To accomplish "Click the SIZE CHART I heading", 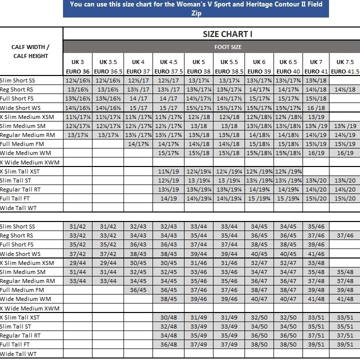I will (227, 34).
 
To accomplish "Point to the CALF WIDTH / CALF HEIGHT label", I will (30, 51).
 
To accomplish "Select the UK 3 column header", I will (77, 62).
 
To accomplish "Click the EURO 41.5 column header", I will (345, 71).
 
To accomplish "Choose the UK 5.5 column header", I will (229, 62).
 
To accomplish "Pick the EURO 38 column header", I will (199, 71).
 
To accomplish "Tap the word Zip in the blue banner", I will (196, 12).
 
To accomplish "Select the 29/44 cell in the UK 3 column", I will (77, 263).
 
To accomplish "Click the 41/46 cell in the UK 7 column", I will (316, 254).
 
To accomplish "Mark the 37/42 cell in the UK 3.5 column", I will (108, 254).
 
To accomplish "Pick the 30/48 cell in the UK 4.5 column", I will (168, 317).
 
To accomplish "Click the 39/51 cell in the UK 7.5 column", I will (345, 344).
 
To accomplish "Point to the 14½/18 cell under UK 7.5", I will (345, 89).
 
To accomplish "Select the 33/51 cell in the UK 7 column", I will (316, 317).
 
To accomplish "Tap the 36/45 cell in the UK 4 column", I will (138, 290).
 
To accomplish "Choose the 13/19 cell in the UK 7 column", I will (316, 117).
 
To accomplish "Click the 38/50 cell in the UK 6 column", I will (259, 344).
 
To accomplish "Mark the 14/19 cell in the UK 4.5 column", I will (168, 198).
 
